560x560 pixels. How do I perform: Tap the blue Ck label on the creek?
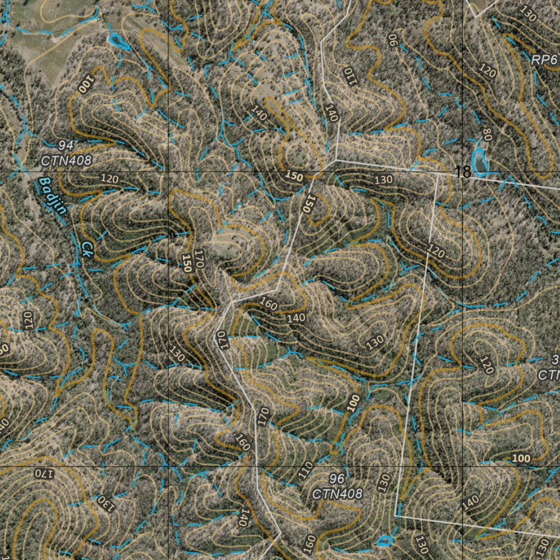click(87, 249)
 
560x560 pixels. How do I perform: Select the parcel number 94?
click(66, 145)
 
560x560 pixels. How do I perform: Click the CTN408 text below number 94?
click(66, 161)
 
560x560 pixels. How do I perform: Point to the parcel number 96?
click(337, 479)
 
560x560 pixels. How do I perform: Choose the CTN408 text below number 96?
click(337, 494)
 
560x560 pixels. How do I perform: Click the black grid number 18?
click(463, 173)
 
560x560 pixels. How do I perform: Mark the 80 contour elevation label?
click(487, 135)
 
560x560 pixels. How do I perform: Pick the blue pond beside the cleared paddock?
click(116, 40)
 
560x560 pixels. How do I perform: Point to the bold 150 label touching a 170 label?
click(188, 263)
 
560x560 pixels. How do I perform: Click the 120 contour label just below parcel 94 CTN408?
click(110, 179)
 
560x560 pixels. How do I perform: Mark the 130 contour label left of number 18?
click(384, 179)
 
